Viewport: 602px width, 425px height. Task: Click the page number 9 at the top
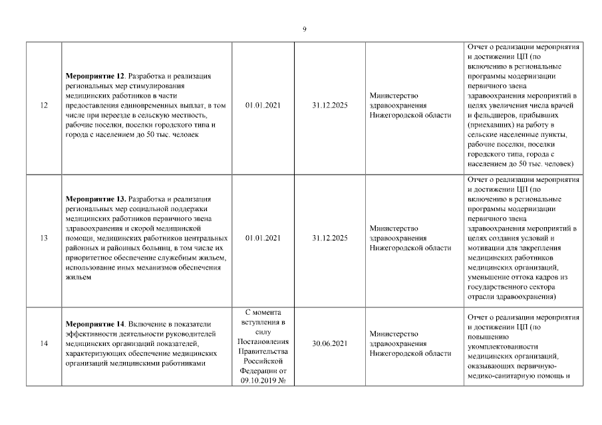304,29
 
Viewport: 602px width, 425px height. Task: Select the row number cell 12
44,105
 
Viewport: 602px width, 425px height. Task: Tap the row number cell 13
44,238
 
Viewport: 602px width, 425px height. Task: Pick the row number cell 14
44,343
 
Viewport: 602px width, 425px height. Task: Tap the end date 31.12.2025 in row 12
330,105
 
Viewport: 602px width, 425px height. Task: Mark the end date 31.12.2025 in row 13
330,238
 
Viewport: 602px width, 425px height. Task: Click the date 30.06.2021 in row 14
330,343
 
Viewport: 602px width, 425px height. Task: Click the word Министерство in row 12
394,96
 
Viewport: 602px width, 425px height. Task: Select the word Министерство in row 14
394,334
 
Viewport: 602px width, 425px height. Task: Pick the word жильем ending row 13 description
78,277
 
